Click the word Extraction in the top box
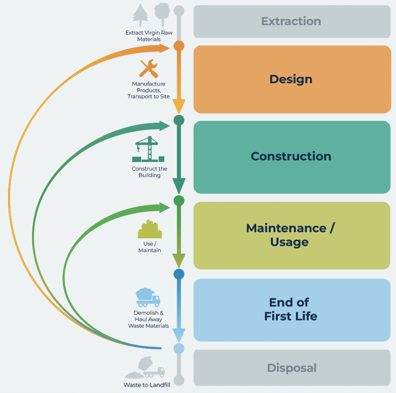(291, 21)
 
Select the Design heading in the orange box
(291, 79)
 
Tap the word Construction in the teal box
(291, 156)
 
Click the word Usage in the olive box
(289, 242)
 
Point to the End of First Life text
(291, 309)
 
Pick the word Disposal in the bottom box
(292, 368)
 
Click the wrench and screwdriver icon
(148, 69)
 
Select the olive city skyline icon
(150, 229)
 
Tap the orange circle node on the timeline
(179, 46)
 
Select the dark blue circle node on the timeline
(179, 274)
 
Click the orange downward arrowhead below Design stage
(179, 106)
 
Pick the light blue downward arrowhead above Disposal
(179, 335)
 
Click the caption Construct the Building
(149, 172)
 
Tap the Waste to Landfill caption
(147, 385)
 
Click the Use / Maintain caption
(149, 247)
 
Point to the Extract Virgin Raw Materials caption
(148, 36)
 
